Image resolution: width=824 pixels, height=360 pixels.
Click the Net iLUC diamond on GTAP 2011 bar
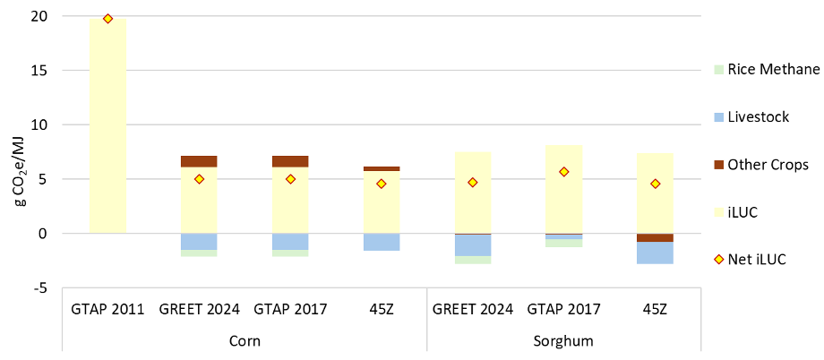point(107,19)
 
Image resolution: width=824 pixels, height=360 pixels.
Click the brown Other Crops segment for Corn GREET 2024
point(199,161)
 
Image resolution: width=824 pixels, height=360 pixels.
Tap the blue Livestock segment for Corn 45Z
point(382,242)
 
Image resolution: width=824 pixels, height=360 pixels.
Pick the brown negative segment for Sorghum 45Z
point(656,237)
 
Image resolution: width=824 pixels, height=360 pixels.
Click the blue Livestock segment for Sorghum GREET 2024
point(473,244)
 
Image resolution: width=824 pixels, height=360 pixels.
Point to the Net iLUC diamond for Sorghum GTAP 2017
point(564,172)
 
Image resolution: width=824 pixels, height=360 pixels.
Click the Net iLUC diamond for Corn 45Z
point(382,184)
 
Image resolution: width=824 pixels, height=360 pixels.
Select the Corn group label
point(245,341)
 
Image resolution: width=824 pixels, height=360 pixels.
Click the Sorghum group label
point(564,341)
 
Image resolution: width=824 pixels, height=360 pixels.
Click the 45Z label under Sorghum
point(656,310)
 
